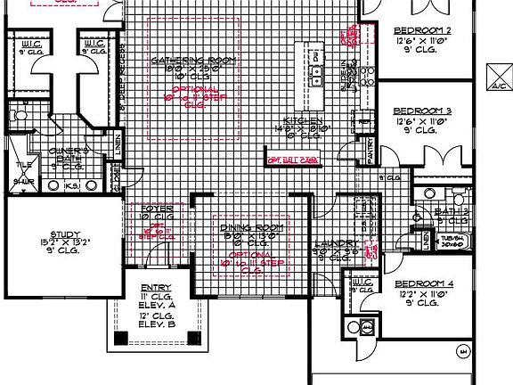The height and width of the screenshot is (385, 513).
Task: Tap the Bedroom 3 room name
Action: (422, 111)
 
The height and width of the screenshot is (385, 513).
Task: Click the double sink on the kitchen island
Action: (315, 64)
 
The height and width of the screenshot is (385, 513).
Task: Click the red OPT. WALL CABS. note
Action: (293, 160)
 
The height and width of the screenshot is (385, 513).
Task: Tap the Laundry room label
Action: (336, 242)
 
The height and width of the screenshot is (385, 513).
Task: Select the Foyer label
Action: (157, 209)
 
